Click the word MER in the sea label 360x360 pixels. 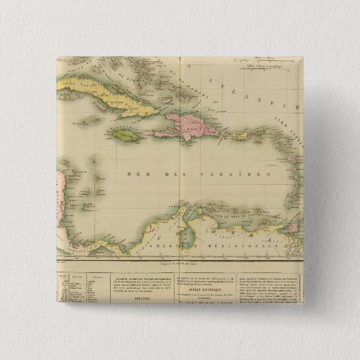pyautogui.click(x=137, y=175)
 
